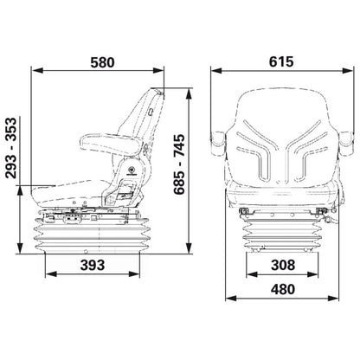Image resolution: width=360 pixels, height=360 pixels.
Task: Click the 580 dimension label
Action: pyautogui.click(x=102, y=62)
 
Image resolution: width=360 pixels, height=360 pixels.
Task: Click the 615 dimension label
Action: pyautogui.click(x=281, y=61)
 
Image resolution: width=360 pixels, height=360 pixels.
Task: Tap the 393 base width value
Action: pyautogui.click(x=93, y=265)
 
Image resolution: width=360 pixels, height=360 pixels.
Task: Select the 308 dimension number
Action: pyautogui.click(x=283, y=265)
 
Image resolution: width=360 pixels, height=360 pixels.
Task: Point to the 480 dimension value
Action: pyautogui.click(x=283, y=289)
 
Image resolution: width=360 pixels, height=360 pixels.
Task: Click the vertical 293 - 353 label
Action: pyautogui.click(x=11, y=148)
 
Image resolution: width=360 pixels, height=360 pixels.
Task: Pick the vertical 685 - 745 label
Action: pyautogui.click(x=179, y=164)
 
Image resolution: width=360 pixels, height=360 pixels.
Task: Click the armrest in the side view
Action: pyautogui.click(x=111, y=144)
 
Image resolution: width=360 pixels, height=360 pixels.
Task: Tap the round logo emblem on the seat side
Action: pyautogui.click(x=132, y=170)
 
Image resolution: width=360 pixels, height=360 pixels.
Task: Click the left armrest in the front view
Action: pyautogui.click(x=218, y=141)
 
